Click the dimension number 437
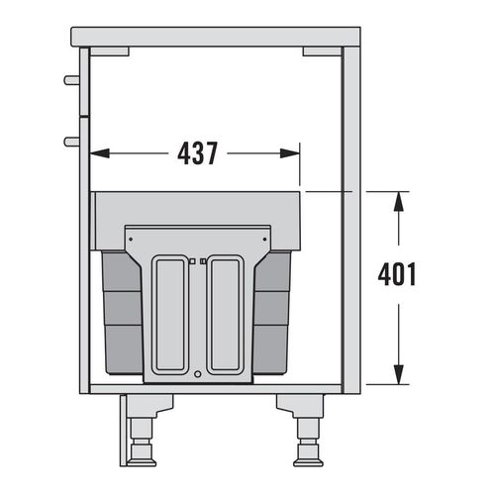click(196, 153)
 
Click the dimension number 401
click(397, 274)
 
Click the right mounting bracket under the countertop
click(322, 49)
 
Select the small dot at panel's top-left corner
click(131, 238)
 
